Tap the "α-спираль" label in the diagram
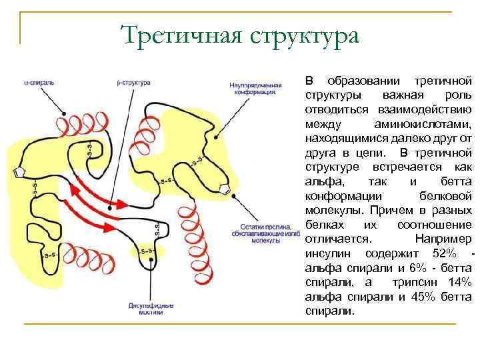(39, 83)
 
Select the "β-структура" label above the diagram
(133, 83)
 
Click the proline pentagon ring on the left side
(19, 173)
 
